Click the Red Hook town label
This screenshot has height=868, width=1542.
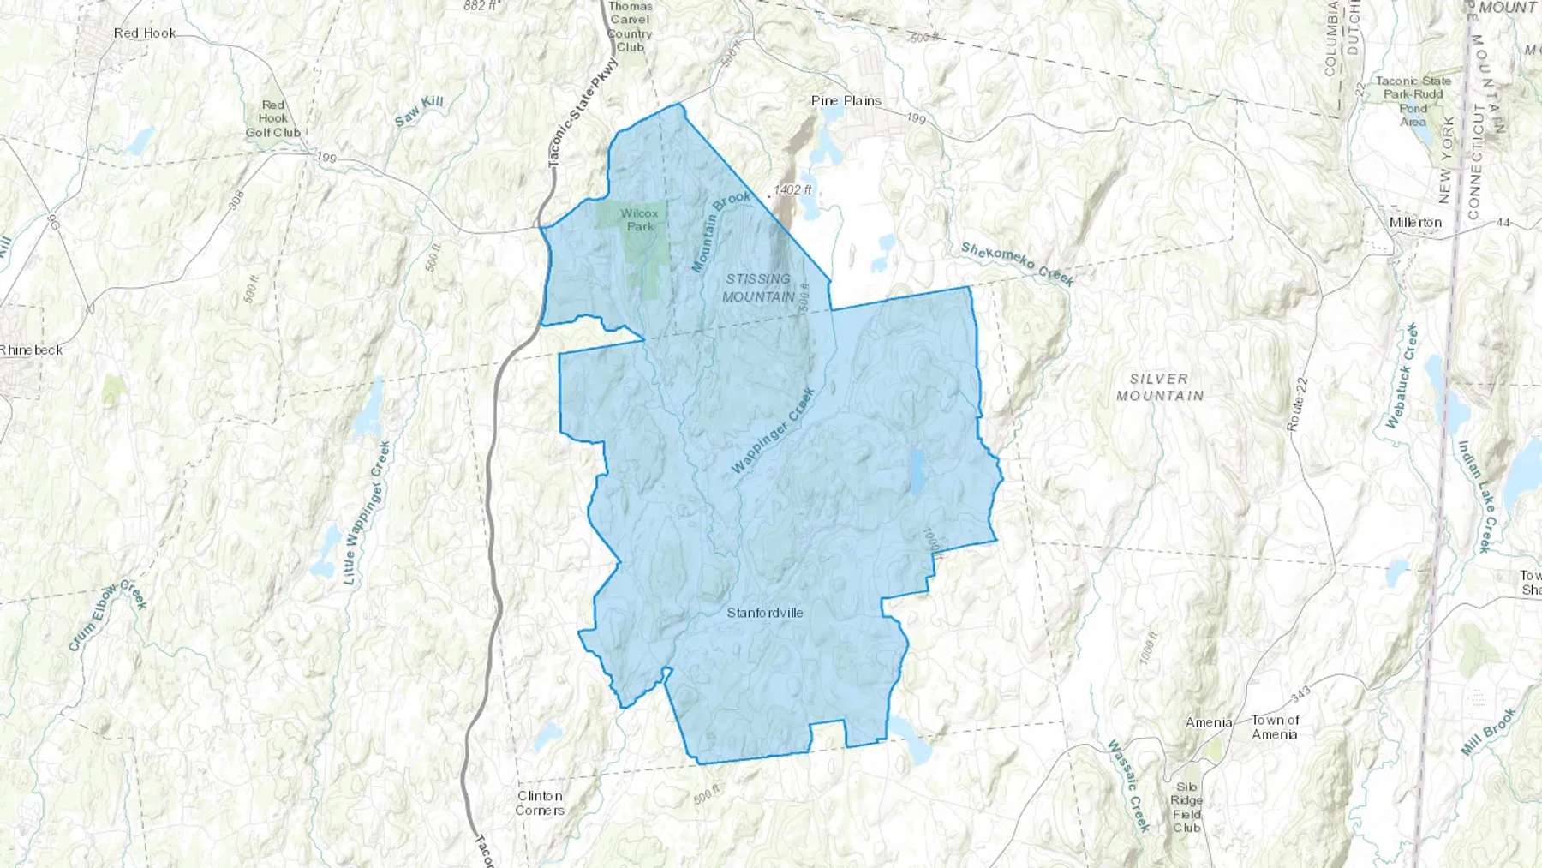[144, 33]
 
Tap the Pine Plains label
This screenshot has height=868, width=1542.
[846, 101]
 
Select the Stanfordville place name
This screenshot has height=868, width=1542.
[765, 613]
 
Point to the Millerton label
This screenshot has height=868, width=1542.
[1415, 223]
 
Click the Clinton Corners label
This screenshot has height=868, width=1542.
[540, 803]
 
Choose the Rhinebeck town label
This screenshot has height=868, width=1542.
[31, 350]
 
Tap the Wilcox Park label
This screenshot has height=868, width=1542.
[640, 219]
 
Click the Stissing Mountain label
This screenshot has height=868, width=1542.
[758, 288]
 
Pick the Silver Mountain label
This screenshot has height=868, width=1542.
[1159, 387]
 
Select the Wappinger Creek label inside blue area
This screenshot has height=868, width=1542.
[773, 432]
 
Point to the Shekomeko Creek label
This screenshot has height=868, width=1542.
[1016, 263]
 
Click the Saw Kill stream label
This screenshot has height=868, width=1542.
[419, 112]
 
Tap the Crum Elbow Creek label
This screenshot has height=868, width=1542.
[108, 615]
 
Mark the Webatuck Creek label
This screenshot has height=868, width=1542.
[1402, 376]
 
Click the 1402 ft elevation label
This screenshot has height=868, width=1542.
[792, 189]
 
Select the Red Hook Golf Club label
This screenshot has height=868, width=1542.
[273, 119]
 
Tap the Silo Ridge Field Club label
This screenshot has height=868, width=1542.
[1186, 807]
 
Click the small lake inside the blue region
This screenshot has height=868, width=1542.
[917, 473]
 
